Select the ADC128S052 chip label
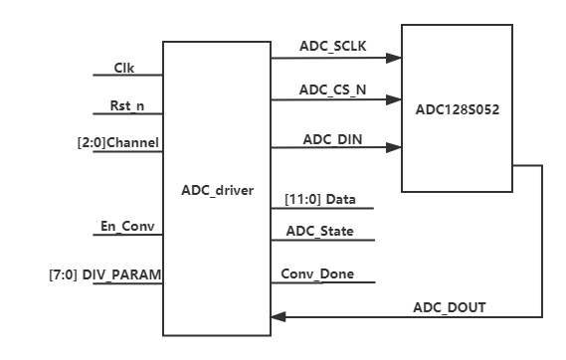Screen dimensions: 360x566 pyautogui.click(x=457, y=109)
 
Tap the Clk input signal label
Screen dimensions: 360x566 pyautogui.click(x=123, y=68)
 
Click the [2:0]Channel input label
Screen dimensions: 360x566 pyautogui.click(x=118, y=142)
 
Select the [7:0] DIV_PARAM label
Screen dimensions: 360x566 pyautogui.click(x=104, y=272)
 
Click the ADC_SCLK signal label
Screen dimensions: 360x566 pyautogui.click(x=332, y=46)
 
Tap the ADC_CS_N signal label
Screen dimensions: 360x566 pyautogui.click(x=332, y=89)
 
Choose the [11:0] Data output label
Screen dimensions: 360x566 pyautogui.click(x=320, y=200)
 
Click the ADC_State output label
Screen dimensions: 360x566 pyautogui.click(x=319, y=232)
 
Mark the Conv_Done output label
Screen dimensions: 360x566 pyautogui.click(x=317, y=274)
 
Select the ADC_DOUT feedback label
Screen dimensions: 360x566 pyautogui.click(x=450, y=307)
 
